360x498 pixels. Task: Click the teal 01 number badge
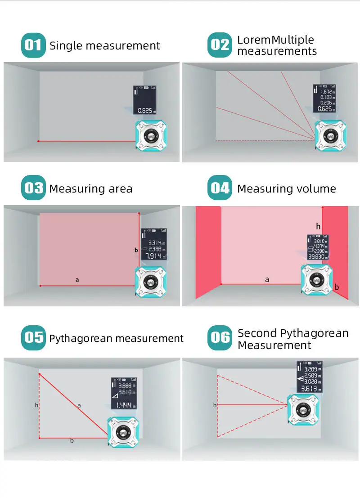tap(33, 45)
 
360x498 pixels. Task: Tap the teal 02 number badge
tap(220, 45)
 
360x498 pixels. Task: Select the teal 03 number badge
tap(33, 188)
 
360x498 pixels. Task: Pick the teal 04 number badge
tap(220, 188)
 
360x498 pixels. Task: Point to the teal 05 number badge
tap(33, 338)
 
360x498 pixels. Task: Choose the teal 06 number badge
tap(220, 338)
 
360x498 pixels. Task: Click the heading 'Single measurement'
tap(104, 46)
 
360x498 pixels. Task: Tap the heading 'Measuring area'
tap(90, 188)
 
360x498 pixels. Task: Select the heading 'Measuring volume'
tap(286, 188)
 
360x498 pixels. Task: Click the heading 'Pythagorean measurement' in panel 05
tap(116, 338)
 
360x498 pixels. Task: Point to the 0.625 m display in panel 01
tap(146, 110)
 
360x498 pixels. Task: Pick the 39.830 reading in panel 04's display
tap(317, 256)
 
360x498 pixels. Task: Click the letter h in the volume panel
tap(319, 226)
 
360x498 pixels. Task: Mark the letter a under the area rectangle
tap(77, 280)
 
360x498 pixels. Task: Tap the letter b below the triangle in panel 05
tap(72, 440)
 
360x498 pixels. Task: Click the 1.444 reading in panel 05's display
tap(124, 405)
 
